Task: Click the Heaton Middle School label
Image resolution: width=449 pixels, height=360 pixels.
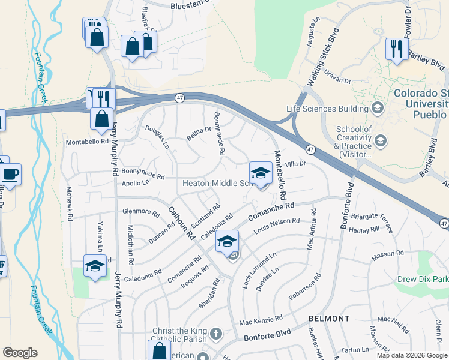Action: [x=215, y=183]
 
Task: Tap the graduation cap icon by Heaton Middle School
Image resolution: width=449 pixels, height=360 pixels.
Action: [x=261, y=173]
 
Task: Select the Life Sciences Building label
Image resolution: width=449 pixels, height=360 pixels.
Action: [x=327, y=109]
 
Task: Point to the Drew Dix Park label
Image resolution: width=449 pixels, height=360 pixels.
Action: [x=422, y=279]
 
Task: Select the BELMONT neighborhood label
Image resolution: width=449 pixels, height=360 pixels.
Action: [x=329, y=318]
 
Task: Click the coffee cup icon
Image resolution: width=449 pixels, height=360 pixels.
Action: [x=10, y=175]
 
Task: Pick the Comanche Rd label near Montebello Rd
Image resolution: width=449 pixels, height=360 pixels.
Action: [x=273, y=210]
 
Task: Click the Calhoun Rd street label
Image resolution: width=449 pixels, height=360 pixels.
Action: [x=181, y=223]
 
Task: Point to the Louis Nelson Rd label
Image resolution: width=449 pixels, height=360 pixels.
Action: [x=277, y=226]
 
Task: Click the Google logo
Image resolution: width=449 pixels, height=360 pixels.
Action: [x=20, y=353]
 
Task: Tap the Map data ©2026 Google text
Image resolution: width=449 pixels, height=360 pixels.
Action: [x=412, y=355]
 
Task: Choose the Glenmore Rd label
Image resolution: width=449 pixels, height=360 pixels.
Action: [x=141, y=213]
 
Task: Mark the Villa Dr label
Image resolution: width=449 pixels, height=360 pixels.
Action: [x=295, y=163]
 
